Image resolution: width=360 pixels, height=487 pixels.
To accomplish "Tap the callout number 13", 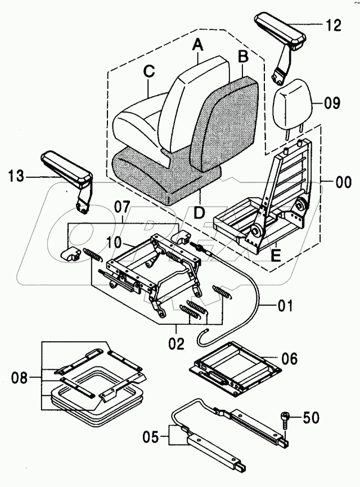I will click(x=17, y=177).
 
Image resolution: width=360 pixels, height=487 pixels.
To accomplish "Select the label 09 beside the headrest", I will click(x=332, y=104).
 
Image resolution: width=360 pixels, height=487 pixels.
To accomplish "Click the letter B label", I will click(x=243, y=56).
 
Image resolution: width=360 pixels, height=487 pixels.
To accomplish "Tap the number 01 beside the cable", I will click(x=285, y=307).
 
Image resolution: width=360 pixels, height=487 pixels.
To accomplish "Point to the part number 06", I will click(x=290, y=359).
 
